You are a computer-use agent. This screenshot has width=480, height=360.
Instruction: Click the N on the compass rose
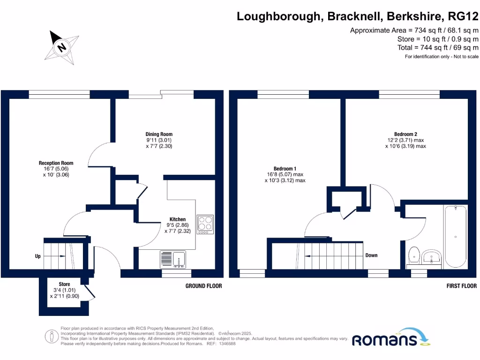point(62,47)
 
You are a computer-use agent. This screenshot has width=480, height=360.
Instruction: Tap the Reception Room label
point(56,163)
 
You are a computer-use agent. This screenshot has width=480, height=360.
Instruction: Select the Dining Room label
point(159,134)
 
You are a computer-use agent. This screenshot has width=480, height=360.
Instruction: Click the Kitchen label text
point(178,219)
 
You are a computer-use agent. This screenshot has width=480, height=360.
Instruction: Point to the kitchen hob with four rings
point(205,225)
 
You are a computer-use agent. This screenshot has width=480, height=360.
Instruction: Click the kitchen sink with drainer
point(173,259)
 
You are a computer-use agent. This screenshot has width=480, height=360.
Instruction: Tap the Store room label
point(64,284)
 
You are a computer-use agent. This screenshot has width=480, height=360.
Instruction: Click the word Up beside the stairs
point(37,256)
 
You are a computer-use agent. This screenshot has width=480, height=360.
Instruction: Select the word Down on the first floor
point(371,255)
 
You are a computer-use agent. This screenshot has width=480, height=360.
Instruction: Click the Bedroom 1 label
point(285,169)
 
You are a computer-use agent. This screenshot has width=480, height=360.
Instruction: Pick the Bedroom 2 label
point(405,134)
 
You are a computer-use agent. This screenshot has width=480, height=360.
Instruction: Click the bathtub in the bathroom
point(456,237)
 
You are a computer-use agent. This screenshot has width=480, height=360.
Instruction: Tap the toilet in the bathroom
point(414,255)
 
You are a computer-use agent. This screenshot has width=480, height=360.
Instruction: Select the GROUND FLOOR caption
point(203,286)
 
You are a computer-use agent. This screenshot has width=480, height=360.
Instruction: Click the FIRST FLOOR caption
point(461,286)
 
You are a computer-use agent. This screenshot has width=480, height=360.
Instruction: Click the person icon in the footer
point(52,337)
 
